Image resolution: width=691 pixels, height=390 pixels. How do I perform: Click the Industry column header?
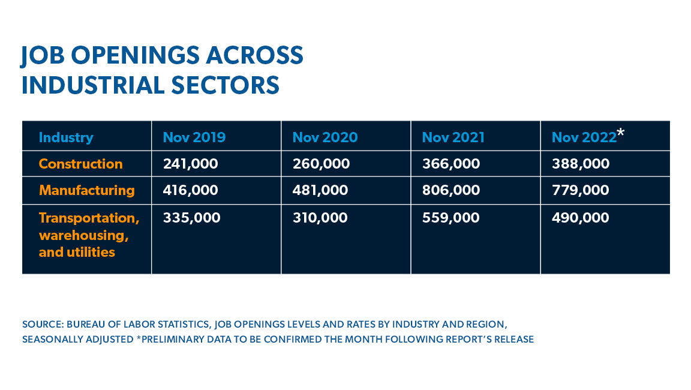(x=66, y=137)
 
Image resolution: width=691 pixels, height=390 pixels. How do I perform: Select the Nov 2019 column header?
(x=194, y=137)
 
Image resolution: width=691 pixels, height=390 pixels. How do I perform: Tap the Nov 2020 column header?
(x=325, y=137)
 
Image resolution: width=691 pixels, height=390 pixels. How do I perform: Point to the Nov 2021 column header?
(x=453, y=137)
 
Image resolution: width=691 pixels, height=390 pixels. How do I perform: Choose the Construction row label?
(x=80, y=164)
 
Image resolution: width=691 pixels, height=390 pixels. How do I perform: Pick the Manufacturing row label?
(x=87, y=190)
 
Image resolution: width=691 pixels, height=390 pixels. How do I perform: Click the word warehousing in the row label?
(x=83, y=235)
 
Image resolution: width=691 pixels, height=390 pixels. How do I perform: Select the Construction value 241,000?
(x=190, y=164)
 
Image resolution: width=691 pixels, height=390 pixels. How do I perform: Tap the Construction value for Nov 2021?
(x=450, y=164)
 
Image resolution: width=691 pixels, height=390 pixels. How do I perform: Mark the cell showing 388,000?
(x=580, y=164)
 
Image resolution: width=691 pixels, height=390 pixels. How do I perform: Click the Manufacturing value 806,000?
(x=450, y=190)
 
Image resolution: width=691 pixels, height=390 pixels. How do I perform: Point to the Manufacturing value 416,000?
(x=190, y=190)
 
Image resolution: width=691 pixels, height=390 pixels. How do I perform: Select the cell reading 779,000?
(x=580, y=190)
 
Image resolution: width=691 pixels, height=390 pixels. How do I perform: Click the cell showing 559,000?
(x=450, y=217)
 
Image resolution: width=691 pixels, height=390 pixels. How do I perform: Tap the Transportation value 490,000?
(x=580, y=217)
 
